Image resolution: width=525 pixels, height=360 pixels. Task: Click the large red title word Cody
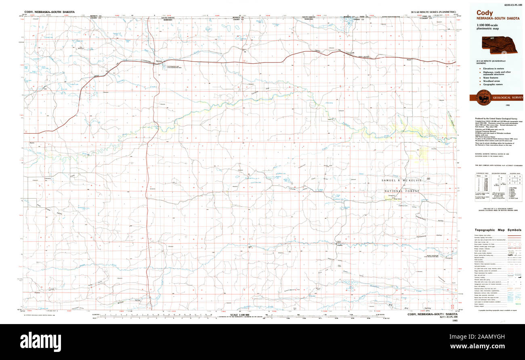coord(485,13)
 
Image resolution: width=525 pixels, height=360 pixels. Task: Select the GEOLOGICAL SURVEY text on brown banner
coord(507,98)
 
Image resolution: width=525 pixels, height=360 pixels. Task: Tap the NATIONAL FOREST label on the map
coord(402,191)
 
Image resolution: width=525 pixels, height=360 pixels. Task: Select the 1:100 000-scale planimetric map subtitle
coord(489,27)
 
